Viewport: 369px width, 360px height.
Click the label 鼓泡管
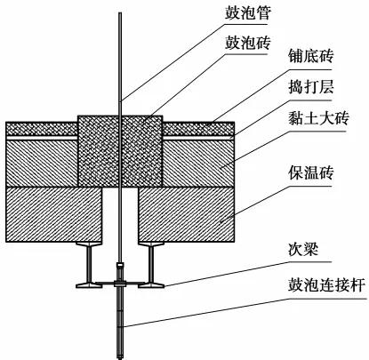click(x=247, y=12)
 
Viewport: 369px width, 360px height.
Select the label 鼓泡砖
click(x=247, y=43)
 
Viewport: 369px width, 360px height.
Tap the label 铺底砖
click(x=311, y=56)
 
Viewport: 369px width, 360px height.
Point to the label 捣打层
click(x=311, y=87)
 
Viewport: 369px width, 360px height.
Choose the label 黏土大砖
click(x=318, y=118)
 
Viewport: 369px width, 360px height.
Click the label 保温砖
click(x=311, y=173)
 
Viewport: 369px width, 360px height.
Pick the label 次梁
click(x=303, y=250)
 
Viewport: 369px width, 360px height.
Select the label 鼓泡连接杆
click(x=326, y=285)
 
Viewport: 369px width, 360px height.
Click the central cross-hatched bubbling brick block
click(x=120, y=151)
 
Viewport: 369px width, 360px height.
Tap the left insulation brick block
click(x=54, y=214)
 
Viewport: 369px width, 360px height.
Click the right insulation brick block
click(x=187, y=214)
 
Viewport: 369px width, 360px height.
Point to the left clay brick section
click(x=42, y=163)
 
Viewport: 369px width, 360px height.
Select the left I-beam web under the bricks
click(x=89, y=264)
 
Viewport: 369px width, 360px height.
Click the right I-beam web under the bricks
click(x=151, y=264)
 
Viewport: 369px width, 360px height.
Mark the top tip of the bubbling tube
click(x=120, y=12)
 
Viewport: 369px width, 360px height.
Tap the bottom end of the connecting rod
click(x=120, y=358)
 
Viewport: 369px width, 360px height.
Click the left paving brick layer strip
click(x=42, y=129)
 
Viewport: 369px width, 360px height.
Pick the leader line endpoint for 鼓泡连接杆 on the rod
click(x=123, y=327)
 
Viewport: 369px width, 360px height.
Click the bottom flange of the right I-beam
click(x=151, y=285)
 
